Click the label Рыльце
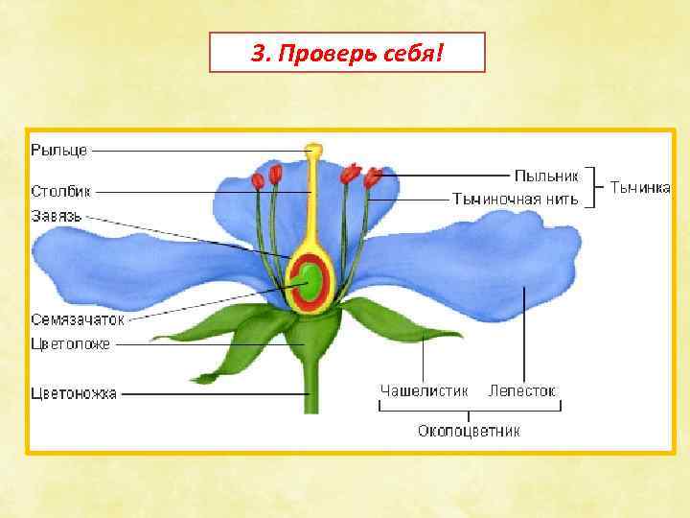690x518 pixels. point(59,150)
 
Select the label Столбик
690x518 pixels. point(60,191)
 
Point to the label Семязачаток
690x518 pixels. point(78,319)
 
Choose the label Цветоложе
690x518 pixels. point(70,343)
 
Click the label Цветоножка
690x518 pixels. point(74,392)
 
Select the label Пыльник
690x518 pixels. point(546,176)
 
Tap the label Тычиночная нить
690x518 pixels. point(516,200)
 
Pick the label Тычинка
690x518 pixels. point(641,188)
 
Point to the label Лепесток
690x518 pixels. point(522,391)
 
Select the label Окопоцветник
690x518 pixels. point(469,431)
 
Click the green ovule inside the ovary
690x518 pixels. point(311,280)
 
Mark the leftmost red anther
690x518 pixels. point(257,179)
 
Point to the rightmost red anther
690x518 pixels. point(373,177)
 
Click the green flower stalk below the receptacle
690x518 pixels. point(310,388)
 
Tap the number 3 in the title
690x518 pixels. point(257,53)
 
